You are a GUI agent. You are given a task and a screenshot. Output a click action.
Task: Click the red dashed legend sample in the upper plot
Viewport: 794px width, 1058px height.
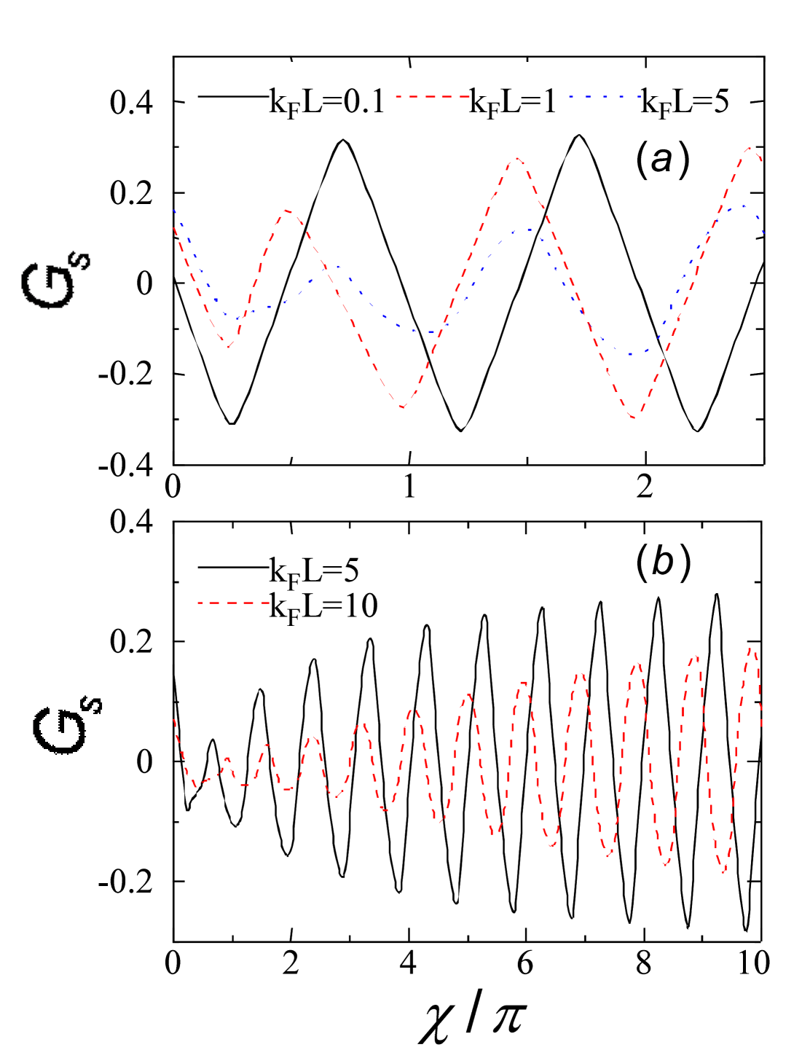[433, 96]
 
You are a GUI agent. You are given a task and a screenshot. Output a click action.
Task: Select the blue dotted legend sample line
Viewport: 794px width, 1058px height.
[605, 96]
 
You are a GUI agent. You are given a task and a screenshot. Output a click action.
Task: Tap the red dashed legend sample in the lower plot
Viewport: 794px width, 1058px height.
[234, 603]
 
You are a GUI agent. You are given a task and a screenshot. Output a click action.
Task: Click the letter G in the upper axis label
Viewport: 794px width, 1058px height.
[48, 286]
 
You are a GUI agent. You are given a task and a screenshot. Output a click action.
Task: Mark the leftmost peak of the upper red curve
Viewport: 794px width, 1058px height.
[288, 211]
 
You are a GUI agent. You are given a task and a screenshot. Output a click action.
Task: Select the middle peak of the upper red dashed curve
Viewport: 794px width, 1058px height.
[516, 158]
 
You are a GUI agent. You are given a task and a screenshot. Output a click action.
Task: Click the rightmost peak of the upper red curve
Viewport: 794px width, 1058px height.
[750, 148]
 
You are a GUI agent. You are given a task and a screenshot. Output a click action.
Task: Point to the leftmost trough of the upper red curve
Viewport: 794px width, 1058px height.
[229, 346]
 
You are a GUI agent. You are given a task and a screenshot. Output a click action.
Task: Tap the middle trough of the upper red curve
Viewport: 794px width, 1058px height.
[402, 407]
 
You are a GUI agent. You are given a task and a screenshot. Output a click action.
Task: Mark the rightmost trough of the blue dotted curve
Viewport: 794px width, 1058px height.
[631, 354]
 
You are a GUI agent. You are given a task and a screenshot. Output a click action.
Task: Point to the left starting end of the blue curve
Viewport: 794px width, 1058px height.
[174, 211]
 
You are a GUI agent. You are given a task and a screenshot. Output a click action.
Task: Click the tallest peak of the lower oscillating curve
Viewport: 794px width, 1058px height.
[752, 648]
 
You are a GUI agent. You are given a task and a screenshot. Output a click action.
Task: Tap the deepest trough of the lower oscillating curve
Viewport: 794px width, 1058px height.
[723, 871]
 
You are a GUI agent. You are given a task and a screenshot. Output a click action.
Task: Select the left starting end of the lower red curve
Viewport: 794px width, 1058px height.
[174, 720]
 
